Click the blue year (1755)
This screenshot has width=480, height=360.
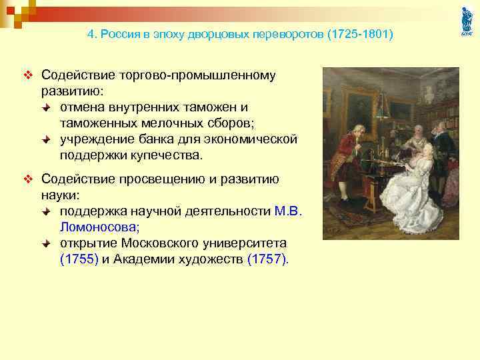pos(79,259)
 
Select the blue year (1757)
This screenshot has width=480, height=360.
pos(268,259)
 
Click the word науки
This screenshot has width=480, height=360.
pos(59,195)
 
